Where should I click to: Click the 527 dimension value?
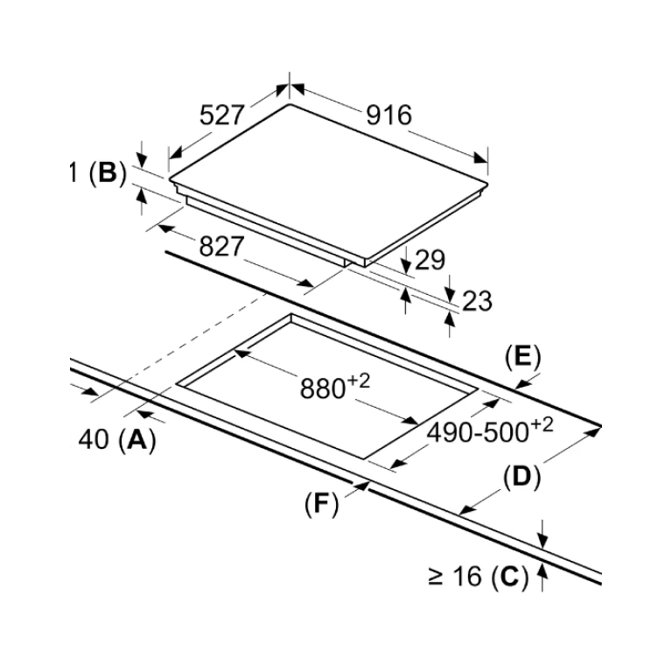(222, 115)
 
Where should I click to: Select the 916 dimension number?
(388, 115)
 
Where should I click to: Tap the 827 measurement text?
(221, 247)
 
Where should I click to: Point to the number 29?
(430, 260)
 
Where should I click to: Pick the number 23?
(477, 301)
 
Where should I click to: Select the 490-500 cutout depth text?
(478, 432)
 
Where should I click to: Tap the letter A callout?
(137, 440)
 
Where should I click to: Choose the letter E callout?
(523, 357)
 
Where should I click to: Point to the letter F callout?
(321, 504)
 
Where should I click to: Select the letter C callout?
(509, 577)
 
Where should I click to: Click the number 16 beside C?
(467, 577)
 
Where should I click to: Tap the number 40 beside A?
(94, 440)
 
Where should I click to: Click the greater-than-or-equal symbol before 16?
(435, 577)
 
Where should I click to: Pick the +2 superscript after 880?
(358, 380)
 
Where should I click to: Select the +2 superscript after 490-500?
(542, 424)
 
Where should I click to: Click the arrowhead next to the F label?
(362, 486)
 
